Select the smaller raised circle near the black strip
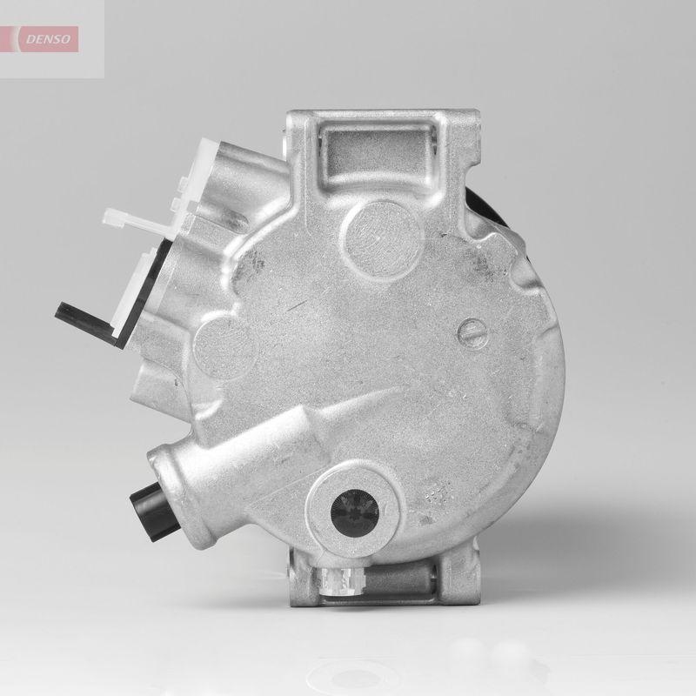pyautogui.click(x=224, y=338)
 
